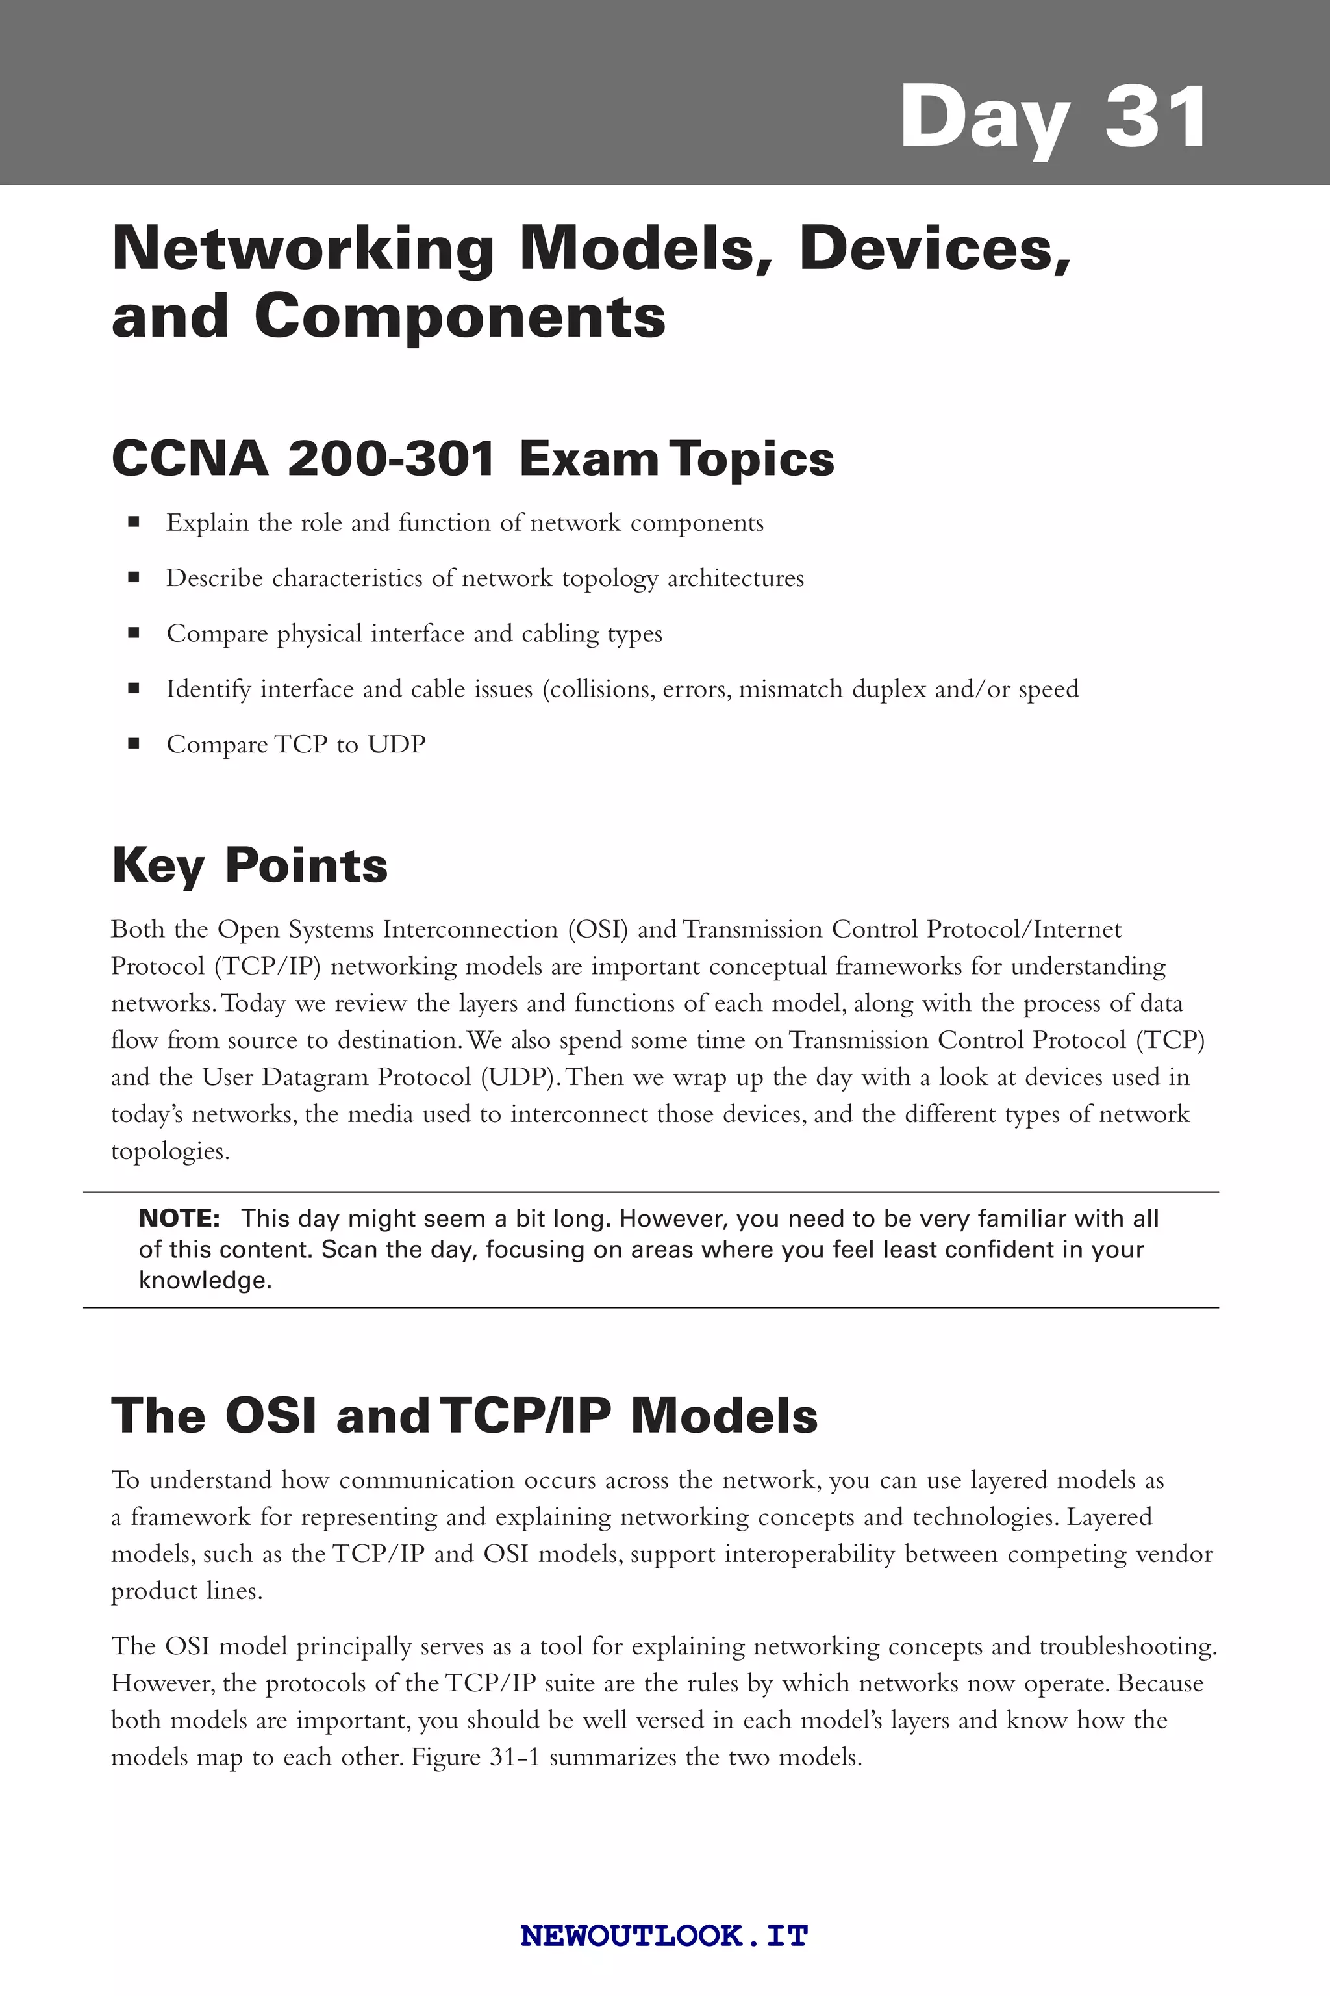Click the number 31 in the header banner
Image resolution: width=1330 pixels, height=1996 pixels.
pyautogui.click(x=1155, y=116)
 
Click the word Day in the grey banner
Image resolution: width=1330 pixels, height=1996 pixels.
pyautogui.click(x=984, y=119)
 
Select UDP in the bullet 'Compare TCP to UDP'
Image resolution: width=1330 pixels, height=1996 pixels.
pyautogui.click(x=396, y=744)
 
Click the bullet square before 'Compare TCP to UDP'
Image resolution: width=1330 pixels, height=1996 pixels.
pyautogui.click(x=133, y=744)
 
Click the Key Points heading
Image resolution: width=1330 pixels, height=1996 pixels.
pyautogui.click(x=249, y=865)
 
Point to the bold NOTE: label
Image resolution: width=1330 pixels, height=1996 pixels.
pyautogui.click(x=179, y=1219)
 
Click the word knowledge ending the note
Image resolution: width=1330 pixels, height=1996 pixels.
pyautogui.click(x=205, y=1281)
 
